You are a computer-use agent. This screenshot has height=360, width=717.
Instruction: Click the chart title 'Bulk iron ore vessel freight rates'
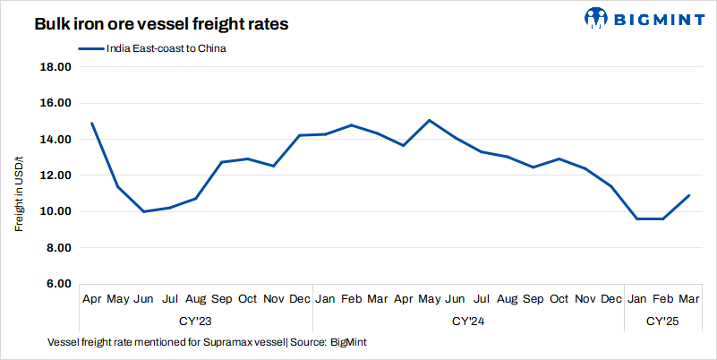[161, 25]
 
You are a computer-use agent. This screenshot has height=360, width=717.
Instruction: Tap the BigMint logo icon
[597, 17]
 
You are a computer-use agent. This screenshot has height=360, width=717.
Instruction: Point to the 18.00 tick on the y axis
[56, 67]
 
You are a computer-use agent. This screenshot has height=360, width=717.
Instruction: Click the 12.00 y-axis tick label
[56, 176]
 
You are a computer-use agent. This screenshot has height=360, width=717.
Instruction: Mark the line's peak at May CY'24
[430, 120]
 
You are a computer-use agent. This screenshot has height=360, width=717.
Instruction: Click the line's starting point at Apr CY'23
[92, 124]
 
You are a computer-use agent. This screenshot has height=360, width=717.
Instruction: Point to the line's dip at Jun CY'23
[144, 211]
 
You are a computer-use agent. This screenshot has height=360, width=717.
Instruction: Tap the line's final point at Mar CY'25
[689, 195]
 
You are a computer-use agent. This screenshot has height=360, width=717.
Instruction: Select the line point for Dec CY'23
[300, 135]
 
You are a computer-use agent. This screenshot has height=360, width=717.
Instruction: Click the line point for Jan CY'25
[637, 219]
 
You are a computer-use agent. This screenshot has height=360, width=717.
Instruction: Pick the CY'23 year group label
[196, 320]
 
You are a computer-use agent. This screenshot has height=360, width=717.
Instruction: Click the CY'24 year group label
[468, 320]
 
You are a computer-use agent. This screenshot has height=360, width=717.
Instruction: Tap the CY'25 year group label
[663, 320]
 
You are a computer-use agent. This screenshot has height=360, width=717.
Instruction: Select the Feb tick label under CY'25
[663, 298]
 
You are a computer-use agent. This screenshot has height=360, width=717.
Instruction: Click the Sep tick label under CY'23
[222, 298]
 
